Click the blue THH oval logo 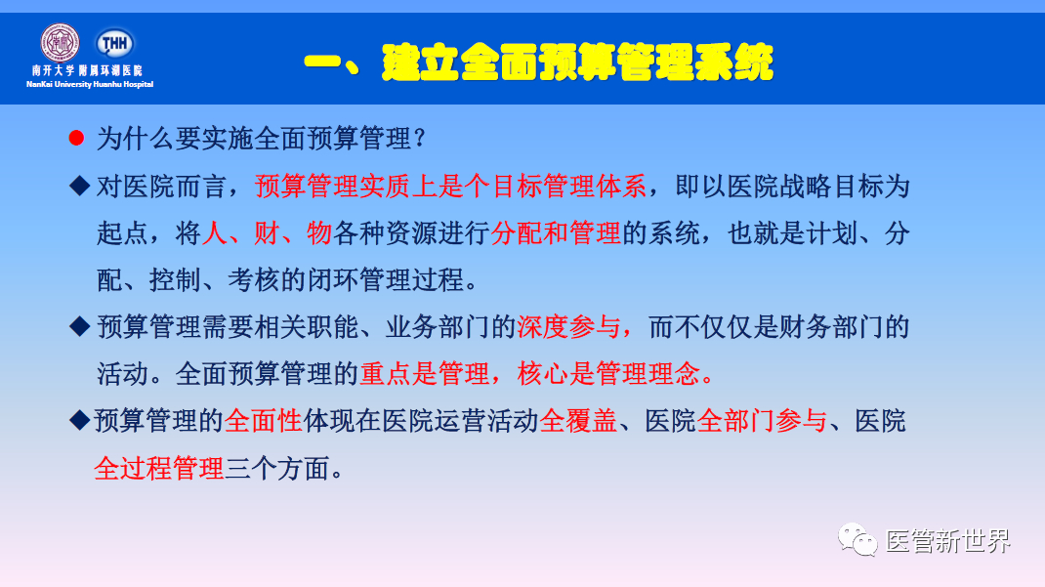[x=115, y=43]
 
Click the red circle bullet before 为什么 [x=76, y=139]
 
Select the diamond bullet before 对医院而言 [x=78, y=186]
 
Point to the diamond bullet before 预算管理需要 [x=78, y=326]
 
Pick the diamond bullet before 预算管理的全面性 [x=78, y=421]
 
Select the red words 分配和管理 [x=556, y=233]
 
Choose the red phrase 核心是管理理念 [x=615, y=374]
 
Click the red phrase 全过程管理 [x=159, y=468]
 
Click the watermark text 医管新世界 [x=947, y=541]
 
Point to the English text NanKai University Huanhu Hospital [x=90, y=84]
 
